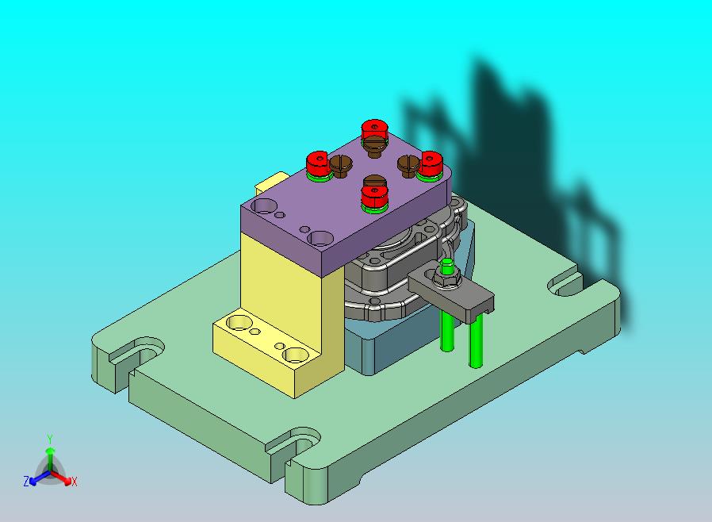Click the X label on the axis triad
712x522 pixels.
(x=75, y=482)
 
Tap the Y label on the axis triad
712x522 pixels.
(x=50, y=439)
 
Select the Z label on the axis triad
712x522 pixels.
(x=26, y=481)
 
